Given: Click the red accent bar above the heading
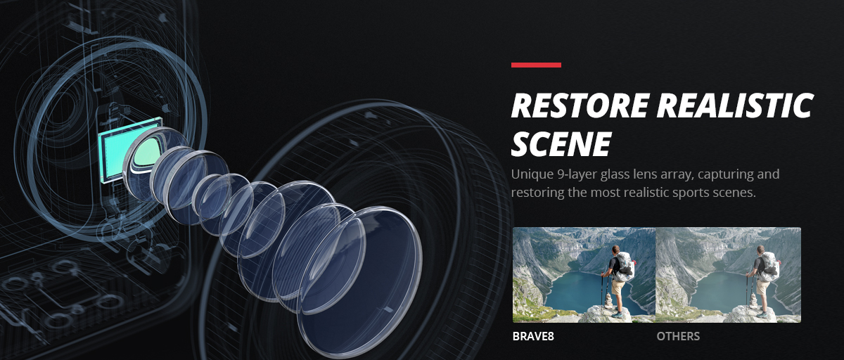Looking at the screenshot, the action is [536, 65].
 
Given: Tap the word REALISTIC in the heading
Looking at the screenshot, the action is [735, 105].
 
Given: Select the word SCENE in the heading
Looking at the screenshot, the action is [561, 143].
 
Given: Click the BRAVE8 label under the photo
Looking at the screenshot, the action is [533, 336].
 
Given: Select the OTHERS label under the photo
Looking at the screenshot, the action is [678, 336].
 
